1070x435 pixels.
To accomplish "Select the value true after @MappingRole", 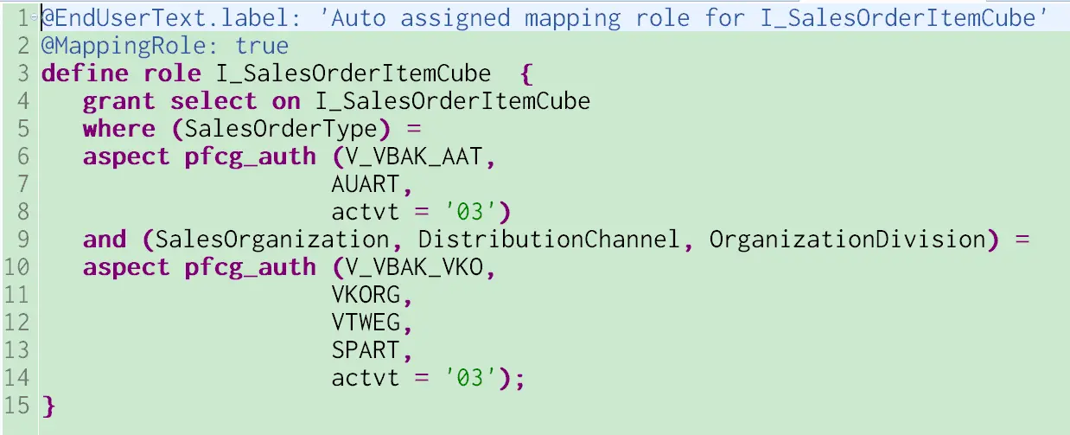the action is click(x=263, y=46).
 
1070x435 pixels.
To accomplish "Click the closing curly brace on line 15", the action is click(x=48, y=406).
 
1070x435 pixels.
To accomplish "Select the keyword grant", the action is click(x=119, y=101).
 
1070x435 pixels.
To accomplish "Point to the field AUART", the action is click(x=366, y=184).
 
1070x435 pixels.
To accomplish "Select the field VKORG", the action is click(x=366, y=295).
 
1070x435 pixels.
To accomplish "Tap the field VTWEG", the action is click(x=366, y=323).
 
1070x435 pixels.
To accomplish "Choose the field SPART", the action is click(x=366, y=350).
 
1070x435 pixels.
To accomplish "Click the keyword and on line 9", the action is click(x=105, y=240).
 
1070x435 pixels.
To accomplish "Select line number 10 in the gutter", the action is click(x=16, y=267).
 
